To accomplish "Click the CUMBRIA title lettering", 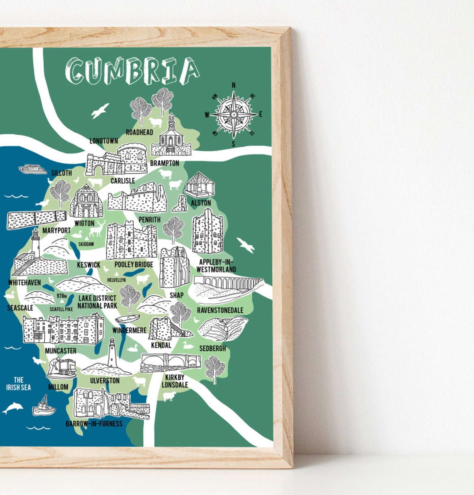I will coord(132,71).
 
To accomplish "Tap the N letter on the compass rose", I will coord(233,85).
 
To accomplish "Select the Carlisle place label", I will coord(123,181).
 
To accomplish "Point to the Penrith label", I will coord(150,220).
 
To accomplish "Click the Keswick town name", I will coord(89,265).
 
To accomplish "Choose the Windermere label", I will coord(129,330).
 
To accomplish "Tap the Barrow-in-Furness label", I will coord(94,424).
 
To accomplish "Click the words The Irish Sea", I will coord(19,384).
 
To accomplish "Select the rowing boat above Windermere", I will coord(127,319).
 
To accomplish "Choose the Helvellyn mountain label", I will coord(116,280).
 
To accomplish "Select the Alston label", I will coord(201,203).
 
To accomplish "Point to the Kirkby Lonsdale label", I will coord(175,381).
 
